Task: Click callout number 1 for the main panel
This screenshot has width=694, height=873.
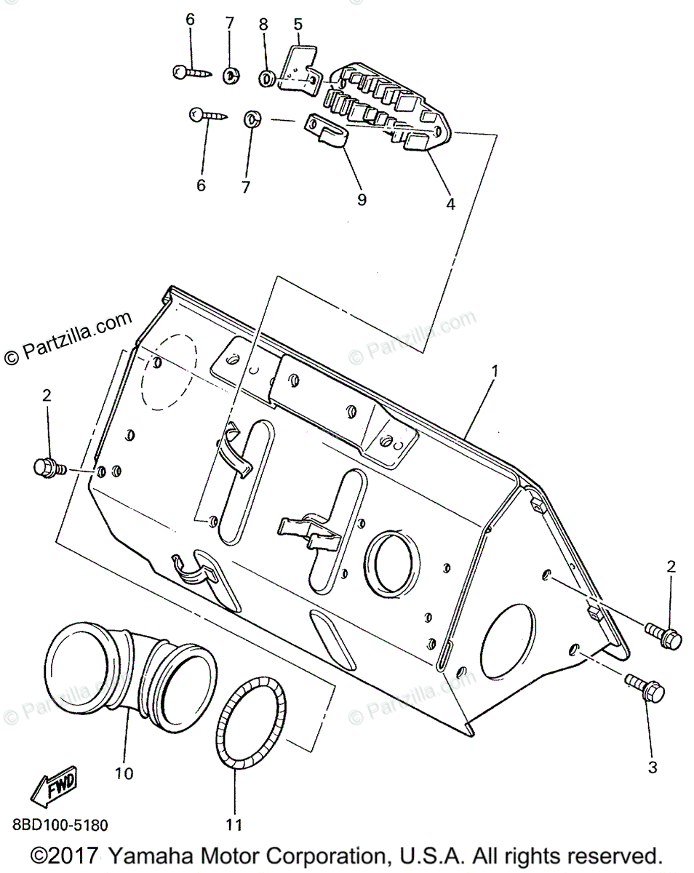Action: click(495, 372)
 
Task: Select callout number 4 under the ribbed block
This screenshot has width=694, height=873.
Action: click(450, 204)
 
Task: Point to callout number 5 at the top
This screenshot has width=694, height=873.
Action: click(298, 25)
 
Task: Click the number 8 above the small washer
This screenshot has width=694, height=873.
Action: click(264, 23)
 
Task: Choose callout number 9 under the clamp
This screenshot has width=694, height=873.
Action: click(362, 199)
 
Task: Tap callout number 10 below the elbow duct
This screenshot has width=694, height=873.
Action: click(124, 773)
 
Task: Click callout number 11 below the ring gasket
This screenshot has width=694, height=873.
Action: click(234, 824)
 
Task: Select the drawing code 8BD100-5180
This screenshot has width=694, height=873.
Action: click(60, 825)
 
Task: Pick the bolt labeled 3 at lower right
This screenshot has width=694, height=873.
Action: click(643, 686)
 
